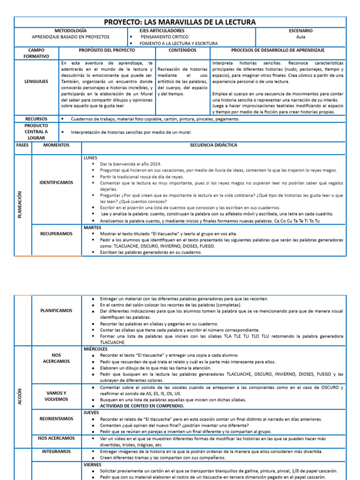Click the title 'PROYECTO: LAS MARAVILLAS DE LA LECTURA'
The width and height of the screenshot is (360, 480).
pyautogui.click(x=180, y=22)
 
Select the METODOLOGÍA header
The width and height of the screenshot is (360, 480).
pyautogui.click(x=70, y=30)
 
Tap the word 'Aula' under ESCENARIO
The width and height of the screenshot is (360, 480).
pyautogui.click(x=300, y=37)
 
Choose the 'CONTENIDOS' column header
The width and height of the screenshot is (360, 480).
pyautogui.click(x=182, y=50)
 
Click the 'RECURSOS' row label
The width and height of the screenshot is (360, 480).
pyautogui.click(x=37, y=119)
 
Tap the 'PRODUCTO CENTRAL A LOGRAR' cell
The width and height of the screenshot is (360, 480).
pyautogui.click(x=37, y=132)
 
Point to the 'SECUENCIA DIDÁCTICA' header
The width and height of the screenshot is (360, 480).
pyautogui.click(x=213, y=145)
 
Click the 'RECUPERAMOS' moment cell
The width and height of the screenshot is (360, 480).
pyautogui.click(x=56, y=232)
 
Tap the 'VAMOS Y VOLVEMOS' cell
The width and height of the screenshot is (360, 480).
pyautogui.click(x=56, y=396)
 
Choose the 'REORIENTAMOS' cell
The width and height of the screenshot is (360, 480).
pyautogui.click(x=56, y=419)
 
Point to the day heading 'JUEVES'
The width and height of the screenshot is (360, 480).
pyautogui.click(x=91, y=413)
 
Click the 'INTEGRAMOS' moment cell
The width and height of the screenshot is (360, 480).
pyautogui.click(x=56, y=451)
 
